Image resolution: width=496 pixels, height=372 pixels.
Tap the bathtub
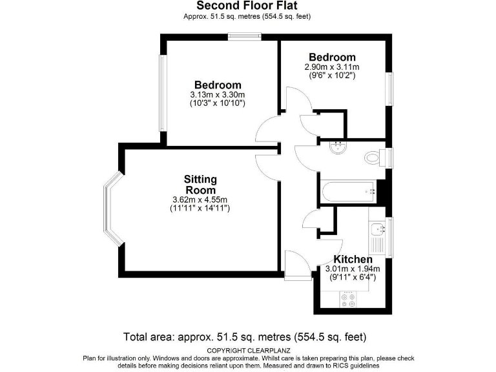pos(347,191)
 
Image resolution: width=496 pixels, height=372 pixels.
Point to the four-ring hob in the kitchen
pos(348,298)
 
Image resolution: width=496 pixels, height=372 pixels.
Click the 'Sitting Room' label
pos(200,184)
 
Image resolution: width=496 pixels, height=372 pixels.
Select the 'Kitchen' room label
pos(353,259)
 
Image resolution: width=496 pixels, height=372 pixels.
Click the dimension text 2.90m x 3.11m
pos(332,67)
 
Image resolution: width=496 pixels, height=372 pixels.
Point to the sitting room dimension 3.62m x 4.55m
pos(201,199)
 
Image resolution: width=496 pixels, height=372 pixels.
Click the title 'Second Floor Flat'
pos(247,6)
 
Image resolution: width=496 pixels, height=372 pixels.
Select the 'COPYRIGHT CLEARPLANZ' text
pos(247,350)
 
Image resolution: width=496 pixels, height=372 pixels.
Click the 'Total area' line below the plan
pos(245,337)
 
